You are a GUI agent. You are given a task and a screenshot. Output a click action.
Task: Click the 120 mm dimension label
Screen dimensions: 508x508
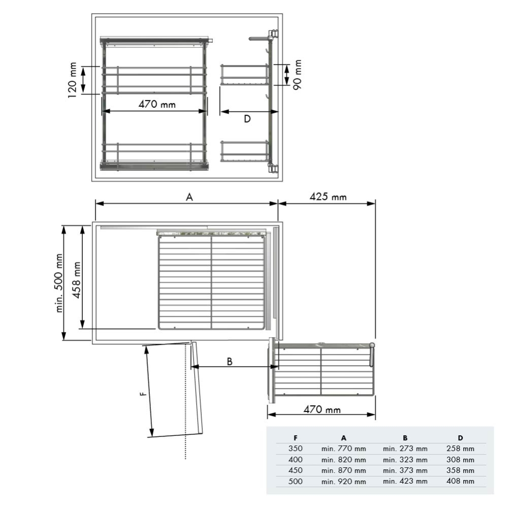tap(73, 80)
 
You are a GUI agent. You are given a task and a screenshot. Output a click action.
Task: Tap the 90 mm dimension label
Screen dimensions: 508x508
tap(297, 75)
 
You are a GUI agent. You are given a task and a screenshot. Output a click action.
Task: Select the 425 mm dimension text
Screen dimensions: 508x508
tap(328, 196)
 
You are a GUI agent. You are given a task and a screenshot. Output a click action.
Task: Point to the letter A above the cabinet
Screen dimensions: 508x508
tap(189, 197)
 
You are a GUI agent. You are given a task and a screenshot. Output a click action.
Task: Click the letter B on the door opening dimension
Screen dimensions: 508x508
tap(230, 361)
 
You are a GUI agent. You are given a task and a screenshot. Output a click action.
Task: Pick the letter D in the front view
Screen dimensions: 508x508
tap(247, 119)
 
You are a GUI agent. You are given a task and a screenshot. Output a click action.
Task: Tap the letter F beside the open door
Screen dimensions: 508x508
tap(144, 393)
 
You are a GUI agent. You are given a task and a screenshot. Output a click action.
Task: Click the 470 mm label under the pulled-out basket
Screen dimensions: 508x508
tap(322, 409)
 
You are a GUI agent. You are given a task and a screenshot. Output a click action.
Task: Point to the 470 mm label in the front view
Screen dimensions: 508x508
tap(157, 104)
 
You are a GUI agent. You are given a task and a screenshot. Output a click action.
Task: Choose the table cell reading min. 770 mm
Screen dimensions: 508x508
tap(343, 449)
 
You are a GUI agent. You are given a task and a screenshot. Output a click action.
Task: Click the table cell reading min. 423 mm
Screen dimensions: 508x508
tap(405, 481)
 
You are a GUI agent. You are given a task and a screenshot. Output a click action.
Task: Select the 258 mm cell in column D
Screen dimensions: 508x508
tap(460, 449)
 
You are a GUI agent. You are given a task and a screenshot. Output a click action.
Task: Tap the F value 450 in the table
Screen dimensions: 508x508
tap(295, 470)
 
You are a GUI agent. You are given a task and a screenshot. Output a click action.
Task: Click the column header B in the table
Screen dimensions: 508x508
tap(405, 437)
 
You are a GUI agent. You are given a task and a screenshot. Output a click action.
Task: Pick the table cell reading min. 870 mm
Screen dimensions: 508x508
tap(343, 470)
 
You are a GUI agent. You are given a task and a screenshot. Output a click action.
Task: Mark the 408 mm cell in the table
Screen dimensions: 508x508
tap(460, 481)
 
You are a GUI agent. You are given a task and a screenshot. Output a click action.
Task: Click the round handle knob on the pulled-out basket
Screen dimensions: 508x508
tap(372, 346)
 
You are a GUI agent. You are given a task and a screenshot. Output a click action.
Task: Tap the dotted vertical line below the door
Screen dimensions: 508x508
tap(185, 447)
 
